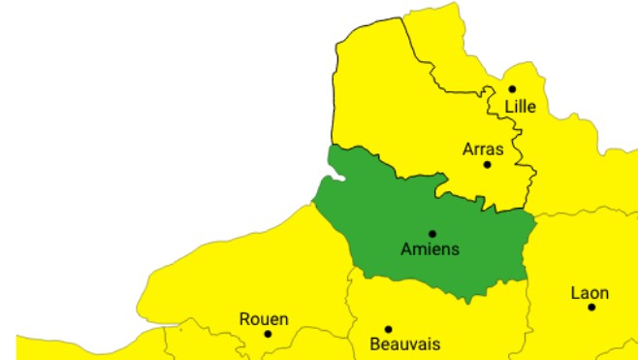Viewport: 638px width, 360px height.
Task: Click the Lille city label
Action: point(519,106)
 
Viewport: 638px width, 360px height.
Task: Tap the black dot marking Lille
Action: point(512,89)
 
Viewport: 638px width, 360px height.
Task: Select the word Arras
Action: point(482,148)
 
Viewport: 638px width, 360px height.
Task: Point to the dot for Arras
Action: point(487,164)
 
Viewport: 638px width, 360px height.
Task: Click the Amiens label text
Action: point(430,249)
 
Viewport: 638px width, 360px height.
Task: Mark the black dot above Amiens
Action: point(431,233)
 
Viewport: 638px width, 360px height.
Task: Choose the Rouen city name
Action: point(264,319)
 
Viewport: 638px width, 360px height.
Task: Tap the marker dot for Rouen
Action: point(268,334)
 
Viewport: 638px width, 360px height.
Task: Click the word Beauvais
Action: point(405,344)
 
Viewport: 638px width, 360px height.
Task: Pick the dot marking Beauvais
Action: point(388,329)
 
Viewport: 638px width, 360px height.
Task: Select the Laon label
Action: point(590,293)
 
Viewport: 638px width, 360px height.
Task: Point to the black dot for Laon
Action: point(590,307)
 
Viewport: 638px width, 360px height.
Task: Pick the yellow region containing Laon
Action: point(582,252)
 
